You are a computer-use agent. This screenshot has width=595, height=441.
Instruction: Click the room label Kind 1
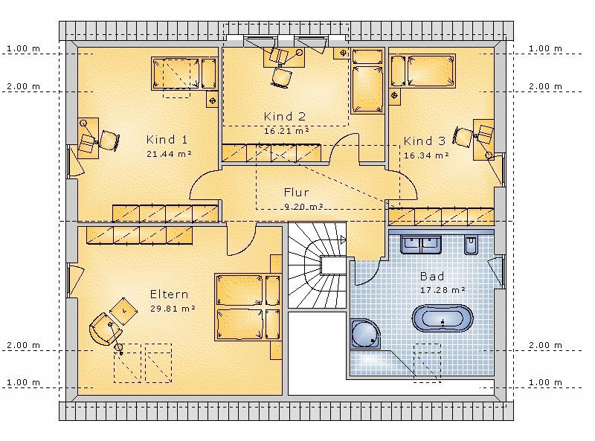pyautogui.click(x=167, y=140)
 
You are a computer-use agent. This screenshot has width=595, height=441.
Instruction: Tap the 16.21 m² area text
pyautogui.click(x=286, y=131)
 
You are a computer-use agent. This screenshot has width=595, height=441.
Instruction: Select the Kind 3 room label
pyautogui.click(x=424, y=141)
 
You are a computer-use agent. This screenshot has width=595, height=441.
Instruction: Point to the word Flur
pyautogui.click(x=296, y=192)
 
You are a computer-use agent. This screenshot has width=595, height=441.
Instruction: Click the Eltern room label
pyautogui.click(x=170, y=294)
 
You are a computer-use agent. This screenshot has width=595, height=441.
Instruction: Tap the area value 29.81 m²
pyautogui.click(x=173, y=309)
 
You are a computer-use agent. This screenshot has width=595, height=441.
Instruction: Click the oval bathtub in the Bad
pyautogui.click(x=443, y=319)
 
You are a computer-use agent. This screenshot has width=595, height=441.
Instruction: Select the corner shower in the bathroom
pyautogui.click(x=365, y=334)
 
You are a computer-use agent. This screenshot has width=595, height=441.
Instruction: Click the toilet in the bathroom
pyautogui.click(x=471, y=244)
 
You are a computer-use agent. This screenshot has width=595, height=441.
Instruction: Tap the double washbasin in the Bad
pyautogui.click(x=421, y=244)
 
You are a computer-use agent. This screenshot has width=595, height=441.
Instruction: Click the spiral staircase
pyautogui.click(x=318, y=265)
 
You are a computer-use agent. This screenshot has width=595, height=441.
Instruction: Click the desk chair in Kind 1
pyautogui.click(x=109, y=141)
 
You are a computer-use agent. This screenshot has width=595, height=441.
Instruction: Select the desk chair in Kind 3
pyautogui.click(x=463, y=137)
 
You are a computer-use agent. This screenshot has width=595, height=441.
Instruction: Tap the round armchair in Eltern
pyautogui.click(x=105, y=329)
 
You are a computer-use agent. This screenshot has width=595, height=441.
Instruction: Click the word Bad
pyautogui.click(x=432, y=277)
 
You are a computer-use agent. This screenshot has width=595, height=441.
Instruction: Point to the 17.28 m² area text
pyautogui.click(x=443, y=290)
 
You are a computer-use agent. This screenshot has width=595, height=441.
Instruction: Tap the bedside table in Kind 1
pyautogui.click(x=213, y=100)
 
